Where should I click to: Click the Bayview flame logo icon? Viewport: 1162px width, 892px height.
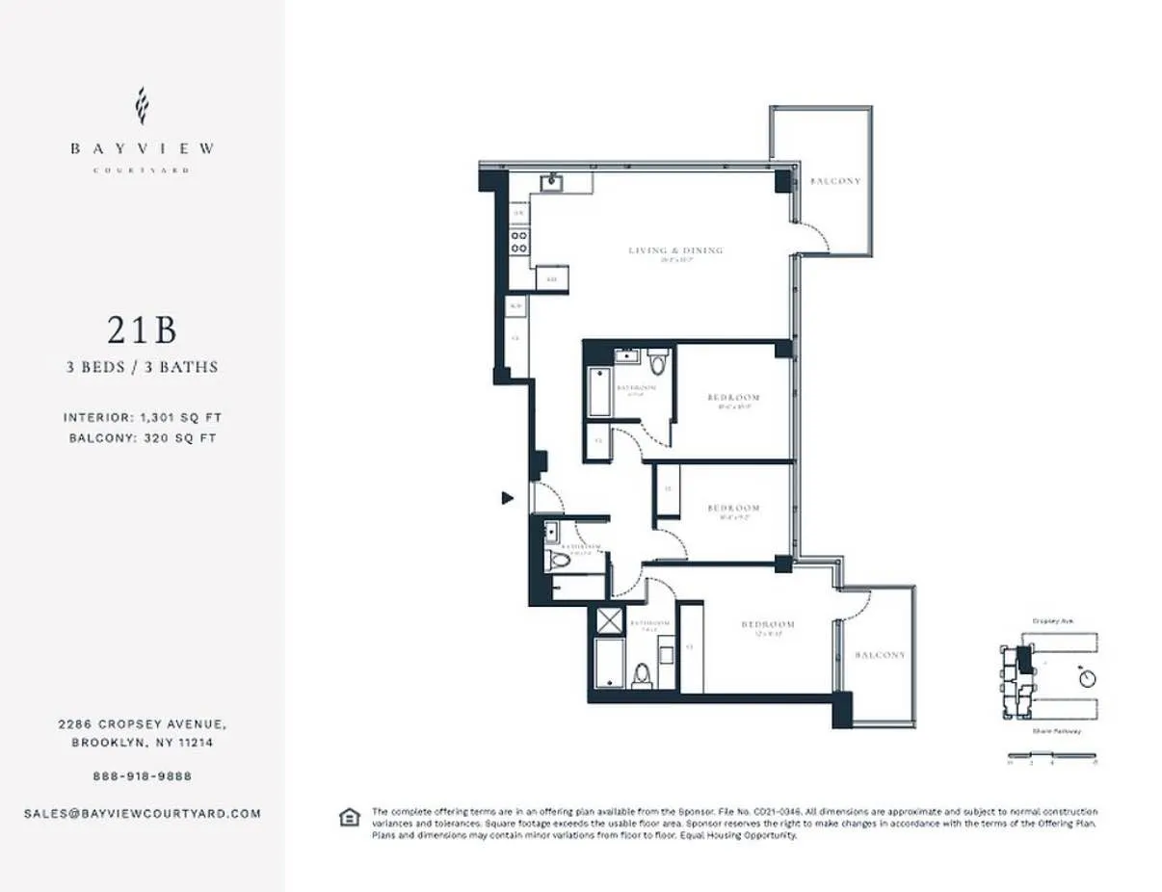[142, 106]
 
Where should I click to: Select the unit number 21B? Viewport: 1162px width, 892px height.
[142, 330]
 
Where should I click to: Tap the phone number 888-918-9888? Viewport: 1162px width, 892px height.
[142, 775]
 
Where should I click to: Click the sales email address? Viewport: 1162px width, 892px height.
[142, 813]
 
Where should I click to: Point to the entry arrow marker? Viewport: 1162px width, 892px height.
[507, 498]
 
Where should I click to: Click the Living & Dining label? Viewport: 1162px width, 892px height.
[675, 250]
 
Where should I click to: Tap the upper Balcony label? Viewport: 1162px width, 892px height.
[834, 181]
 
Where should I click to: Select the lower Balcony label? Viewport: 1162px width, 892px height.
[880, 655]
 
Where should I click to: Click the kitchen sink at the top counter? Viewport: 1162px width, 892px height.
[552, 182]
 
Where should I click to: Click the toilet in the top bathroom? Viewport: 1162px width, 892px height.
[658, 362]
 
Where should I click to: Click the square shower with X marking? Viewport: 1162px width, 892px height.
[610, 621]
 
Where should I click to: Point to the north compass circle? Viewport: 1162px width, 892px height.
[1089, 678]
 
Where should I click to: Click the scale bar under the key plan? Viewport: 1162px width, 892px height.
[1052, 755]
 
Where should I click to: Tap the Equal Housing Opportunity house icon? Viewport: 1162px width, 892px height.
[348, 818]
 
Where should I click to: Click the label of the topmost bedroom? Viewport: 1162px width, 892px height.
[733, 397]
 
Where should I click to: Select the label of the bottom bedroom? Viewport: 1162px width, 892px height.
[768, 625]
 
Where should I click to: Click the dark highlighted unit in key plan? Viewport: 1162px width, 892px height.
[1024, 659]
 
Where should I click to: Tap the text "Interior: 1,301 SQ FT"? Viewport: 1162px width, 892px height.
[142, 417]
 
